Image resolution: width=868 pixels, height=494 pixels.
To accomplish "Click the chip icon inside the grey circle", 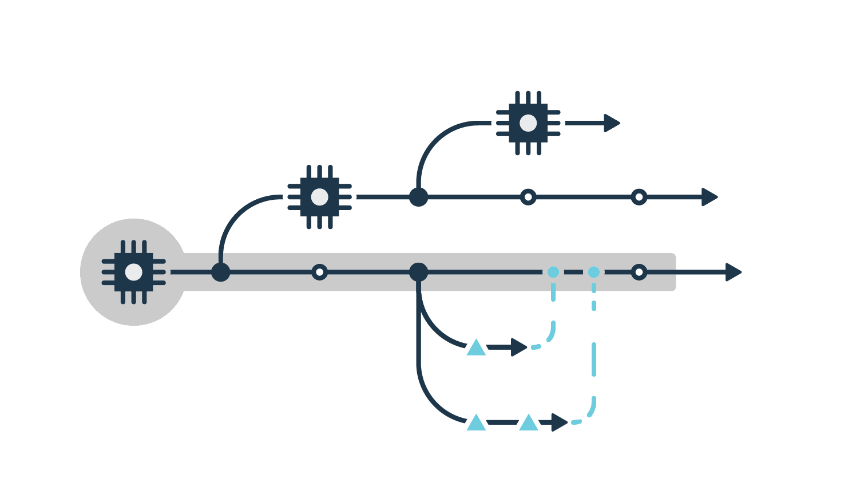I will point(133,272).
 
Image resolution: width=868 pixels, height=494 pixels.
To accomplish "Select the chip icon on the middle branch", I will point(319,197).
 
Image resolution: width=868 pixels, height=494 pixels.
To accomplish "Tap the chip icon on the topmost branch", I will point(528,122).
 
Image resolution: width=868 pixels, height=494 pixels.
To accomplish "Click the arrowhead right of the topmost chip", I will point(612,122).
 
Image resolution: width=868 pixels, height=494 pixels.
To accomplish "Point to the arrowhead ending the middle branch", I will point(709,197).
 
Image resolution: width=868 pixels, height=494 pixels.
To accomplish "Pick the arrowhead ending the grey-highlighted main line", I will point(733,272).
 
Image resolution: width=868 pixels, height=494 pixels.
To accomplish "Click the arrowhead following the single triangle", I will point(518,347).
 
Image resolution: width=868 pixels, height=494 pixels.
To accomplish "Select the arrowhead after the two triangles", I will point(559,422).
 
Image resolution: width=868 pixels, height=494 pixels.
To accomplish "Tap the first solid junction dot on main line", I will point(220,272).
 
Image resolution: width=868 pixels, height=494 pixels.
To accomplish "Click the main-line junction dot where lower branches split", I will point(418,272).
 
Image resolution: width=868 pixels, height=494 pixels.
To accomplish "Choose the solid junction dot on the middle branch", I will point(418,197).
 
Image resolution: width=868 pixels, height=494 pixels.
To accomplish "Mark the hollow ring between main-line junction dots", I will point(319,272).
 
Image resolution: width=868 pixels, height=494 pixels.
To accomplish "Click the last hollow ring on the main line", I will point(639,272).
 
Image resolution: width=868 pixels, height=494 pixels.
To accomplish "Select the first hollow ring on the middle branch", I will point(528,197).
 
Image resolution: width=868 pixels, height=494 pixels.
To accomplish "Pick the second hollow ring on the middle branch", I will point(639,197).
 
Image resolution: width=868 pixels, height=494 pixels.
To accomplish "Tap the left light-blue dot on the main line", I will point(553,272).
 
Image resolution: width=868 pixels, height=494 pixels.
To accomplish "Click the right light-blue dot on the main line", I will point(594,272).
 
